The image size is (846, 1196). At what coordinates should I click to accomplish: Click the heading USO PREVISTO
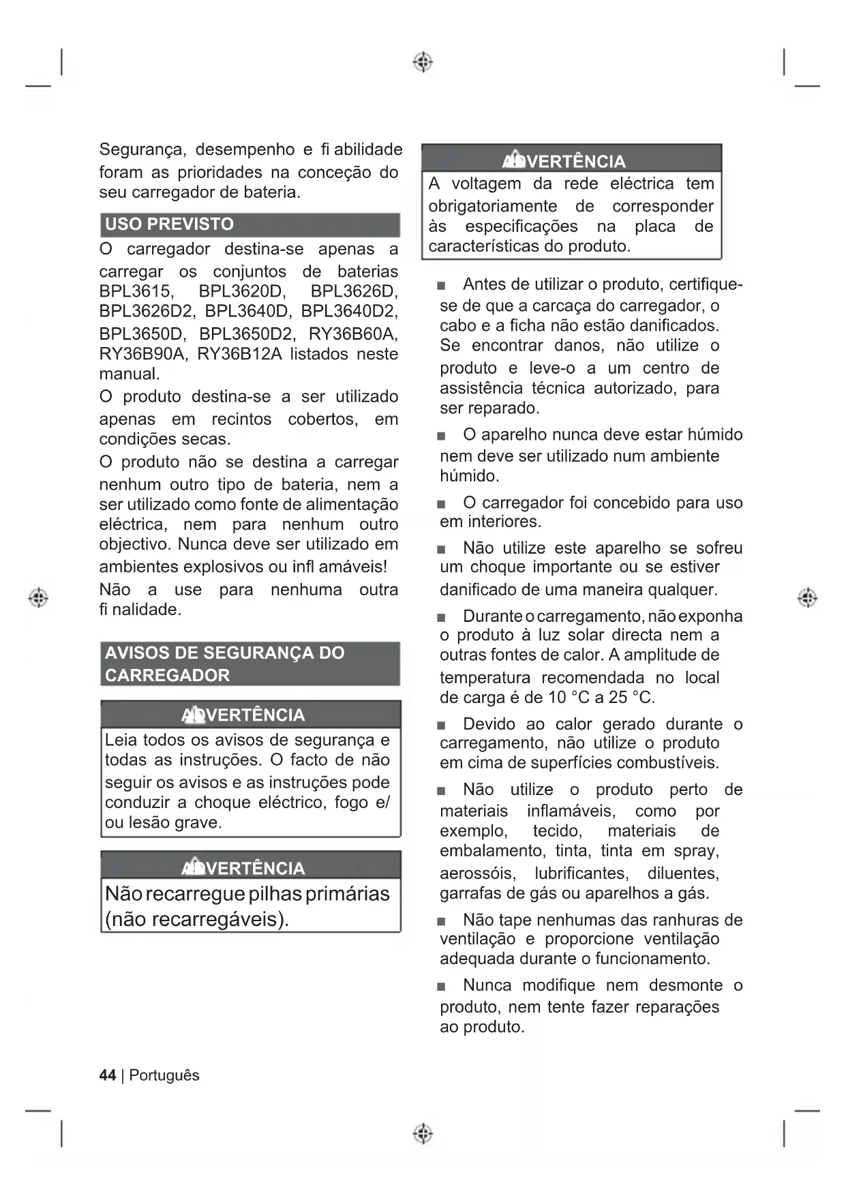click(169, 224)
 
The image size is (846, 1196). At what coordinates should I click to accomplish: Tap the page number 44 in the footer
click(108, 1075)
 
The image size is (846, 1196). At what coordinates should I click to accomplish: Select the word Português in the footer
click(164, 1075)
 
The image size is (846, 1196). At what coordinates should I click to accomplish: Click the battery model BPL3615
click(135, 291)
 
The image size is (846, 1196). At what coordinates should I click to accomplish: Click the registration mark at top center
click(423, 62)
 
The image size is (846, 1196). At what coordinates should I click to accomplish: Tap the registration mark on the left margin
click(38, 597)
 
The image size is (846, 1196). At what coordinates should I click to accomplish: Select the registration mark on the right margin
click(807, 597)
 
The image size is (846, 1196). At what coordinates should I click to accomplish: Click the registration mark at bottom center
click(423, 1133)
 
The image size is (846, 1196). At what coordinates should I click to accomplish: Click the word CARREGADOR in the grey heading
click(167, 675)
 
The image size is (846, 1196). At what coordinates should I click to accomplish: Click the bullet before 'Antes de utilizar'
click(442, 286)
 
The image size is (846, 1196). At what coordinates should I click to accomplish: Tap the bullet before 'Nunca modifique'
click(442, 987)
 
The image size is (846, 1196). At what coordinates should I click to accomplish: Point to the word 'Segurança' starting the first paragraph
click(142, 150)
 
